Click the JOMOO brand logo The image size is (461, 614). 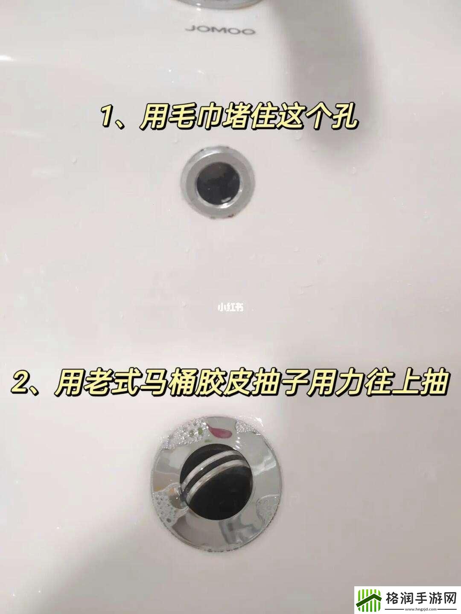(x=220, y=30)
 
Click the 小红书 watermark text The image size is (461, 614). (x=230, y=307)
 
